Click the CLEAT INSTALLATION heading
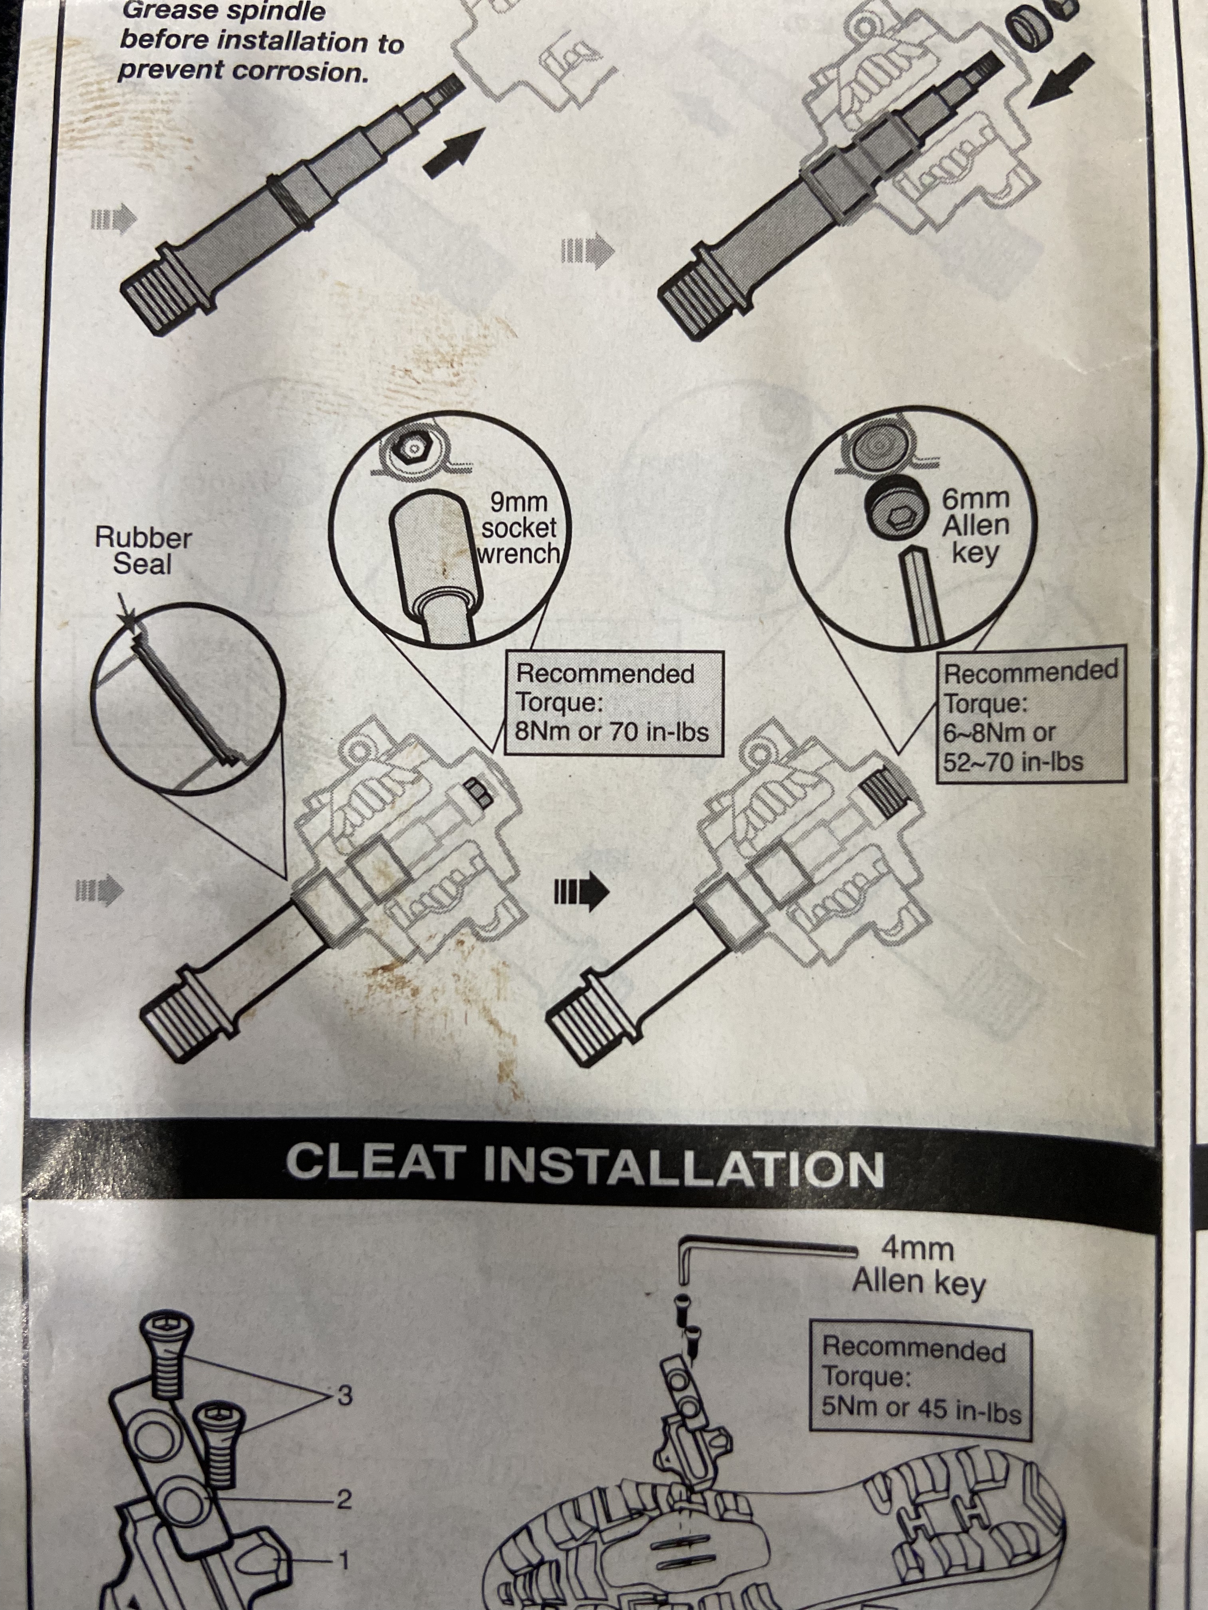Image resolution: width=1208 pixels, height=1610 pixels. pos(585,1164)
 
